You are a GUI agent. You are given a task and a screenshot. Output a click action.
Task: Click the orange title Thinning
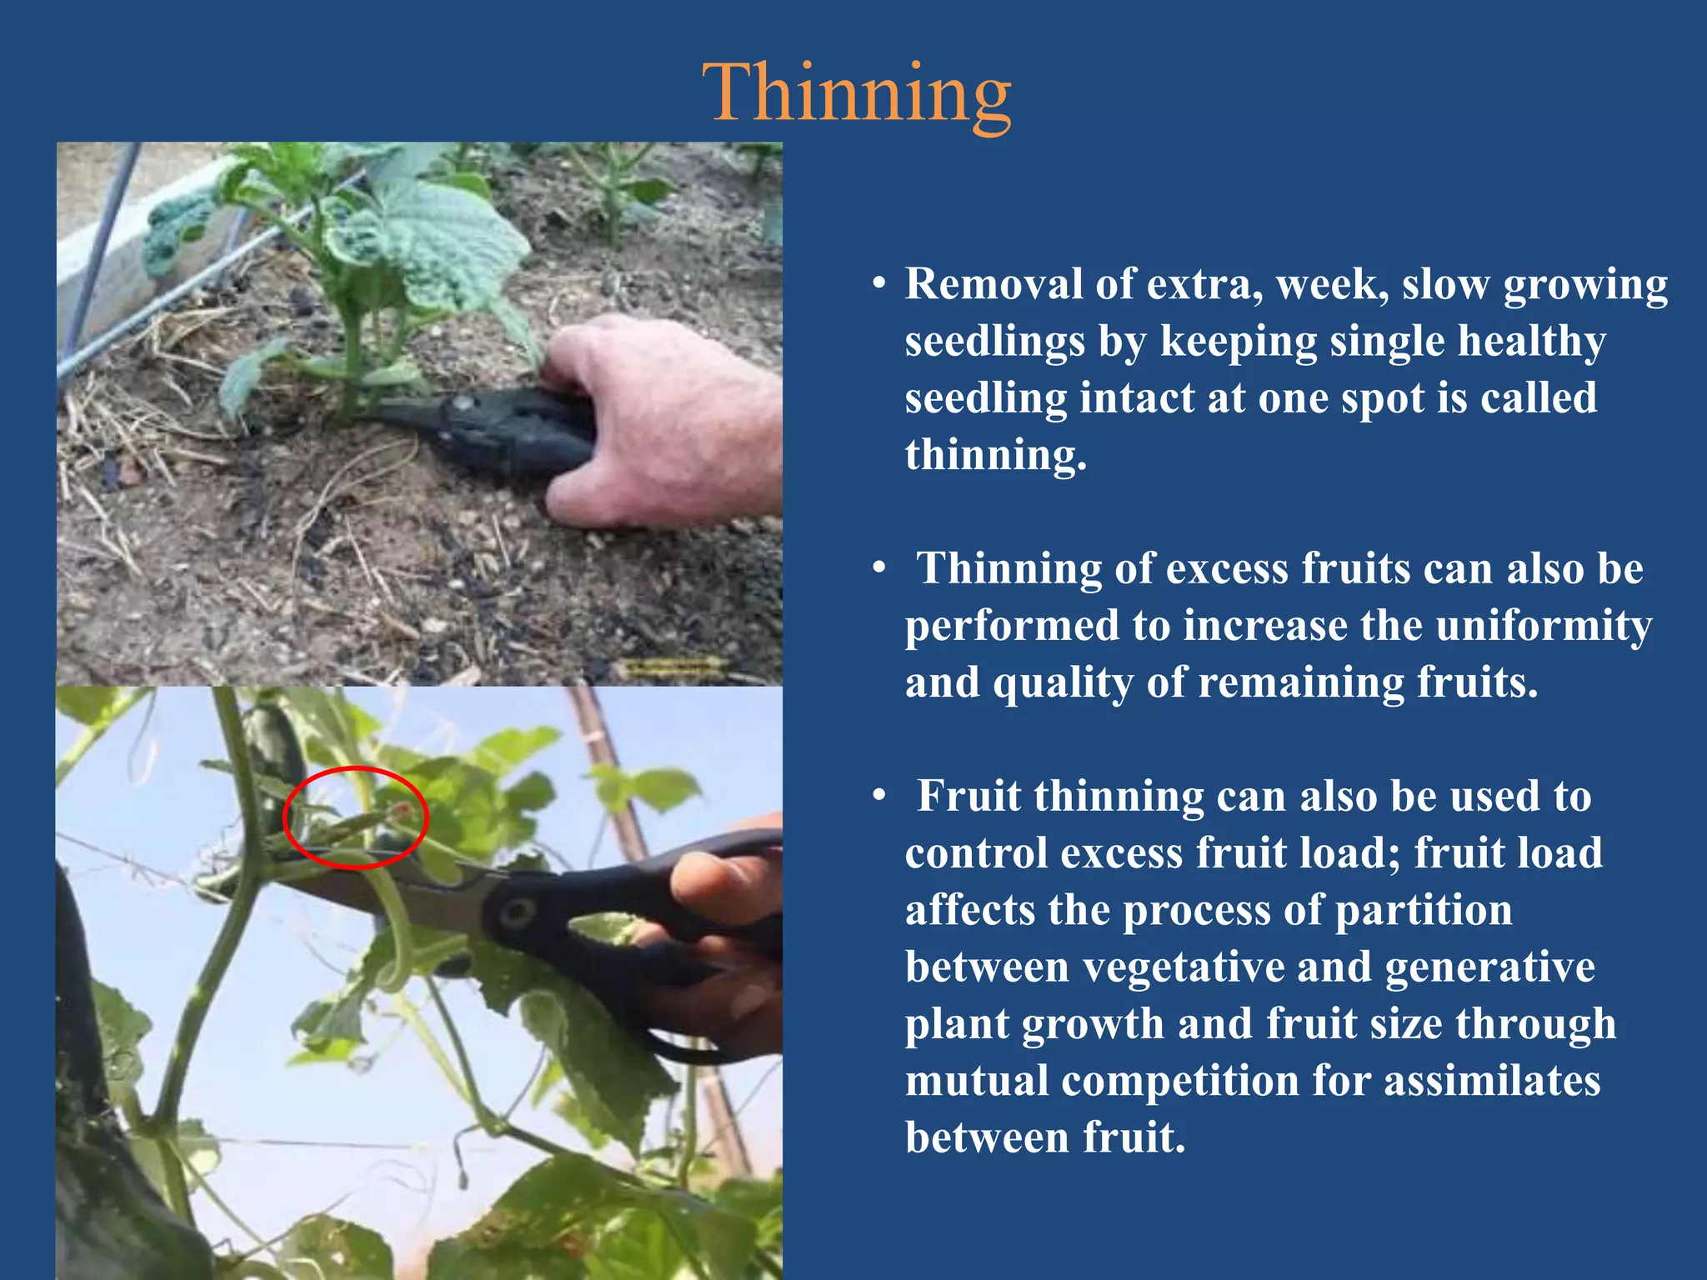click(x=857, y=93)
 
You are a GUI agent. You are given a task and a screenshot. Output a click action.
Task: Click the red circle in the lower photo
click(x=356, y=770)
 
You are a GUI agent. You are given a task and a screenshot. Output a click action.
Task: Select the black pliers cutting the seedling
click(x=492, y=429)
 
